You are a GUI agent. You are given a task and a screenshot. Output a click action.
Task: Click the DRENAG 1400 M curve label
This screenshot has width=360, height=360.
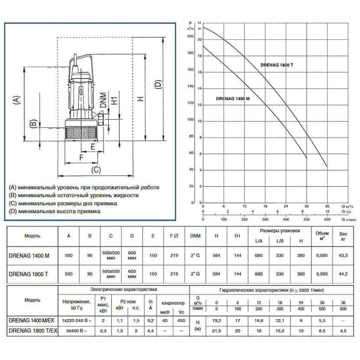[x=233, y=99]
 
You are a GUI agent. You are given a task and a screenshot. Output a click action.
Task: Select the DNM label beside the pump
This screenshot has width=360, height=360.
[x=103, y=99]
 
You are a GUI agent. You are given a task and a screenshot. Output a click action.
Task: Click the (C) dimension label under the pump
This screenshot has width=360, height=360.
[x=96, y=169]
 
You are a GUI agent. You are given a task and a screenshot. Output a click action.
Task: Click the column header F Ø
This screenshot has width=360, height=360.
[x=174, y=235]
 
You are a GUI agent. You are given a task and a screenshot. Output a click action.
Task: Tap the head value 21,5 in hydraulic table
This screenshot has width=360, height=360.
[x=217, y=330]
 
